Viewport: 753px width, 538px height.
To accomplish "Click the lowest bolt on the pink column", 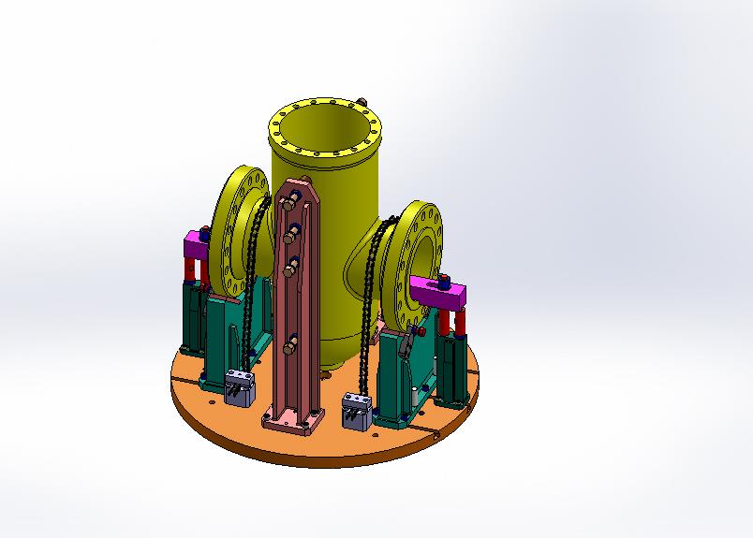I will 291,347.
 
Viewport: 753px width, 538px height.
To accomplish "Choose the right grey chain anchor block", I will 357,411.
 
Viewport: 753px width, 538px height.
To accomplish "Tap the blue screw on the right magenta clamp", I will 444,278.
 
